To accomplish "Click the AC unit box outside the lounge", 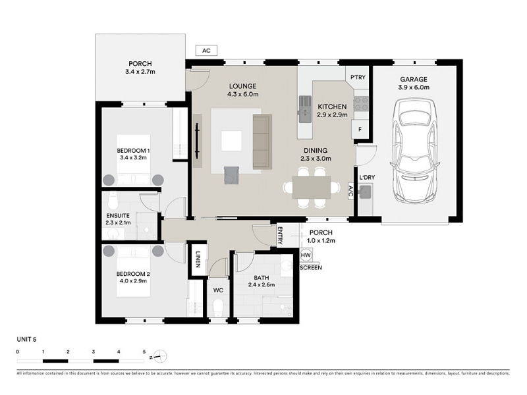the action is [x=206, y=51].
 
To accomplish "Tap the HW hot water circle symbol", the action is [x=306, y=255].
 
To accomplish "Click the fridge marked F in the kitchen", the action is [x=360, y=129].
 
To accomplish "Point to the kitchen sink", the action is [x=304, y=109].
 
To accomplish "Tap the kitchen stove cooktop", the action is [x=361, y=104].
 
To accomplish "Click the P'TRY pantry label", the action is [x=358, y=77].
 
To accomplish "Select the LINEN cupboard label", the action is [x=198, y=259].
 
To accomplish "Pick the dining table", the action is [x=312, y=188].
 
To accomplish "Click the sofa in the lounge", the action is [x=262, y=142].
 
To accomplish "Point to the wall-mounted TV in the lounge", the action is [x=197, y=141].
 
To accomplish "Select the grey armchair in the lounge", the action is [x=231, y=175].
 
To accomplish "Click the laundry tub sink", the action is [x=365, y=192].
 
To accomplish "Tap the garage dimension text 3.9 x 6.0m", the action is [x=414, y=88].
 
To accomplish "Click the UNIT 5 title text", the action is [x=26, y=339].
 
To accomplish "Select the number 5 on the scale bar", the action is [x=144, y=352].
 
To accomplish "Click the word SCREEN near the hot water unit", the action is [x=310, y=268].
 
